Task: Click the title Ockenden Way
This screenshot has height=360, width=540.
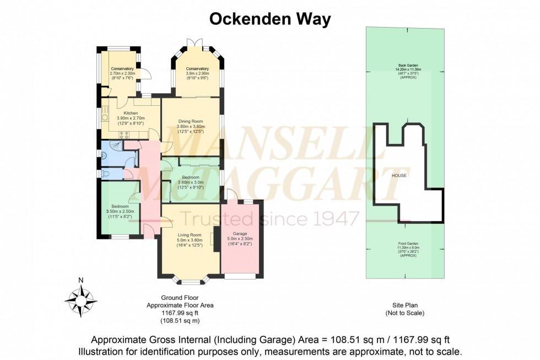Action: coord(269,19)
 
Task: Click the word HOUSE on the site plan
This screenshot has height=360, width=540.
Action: coord(399,175)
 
